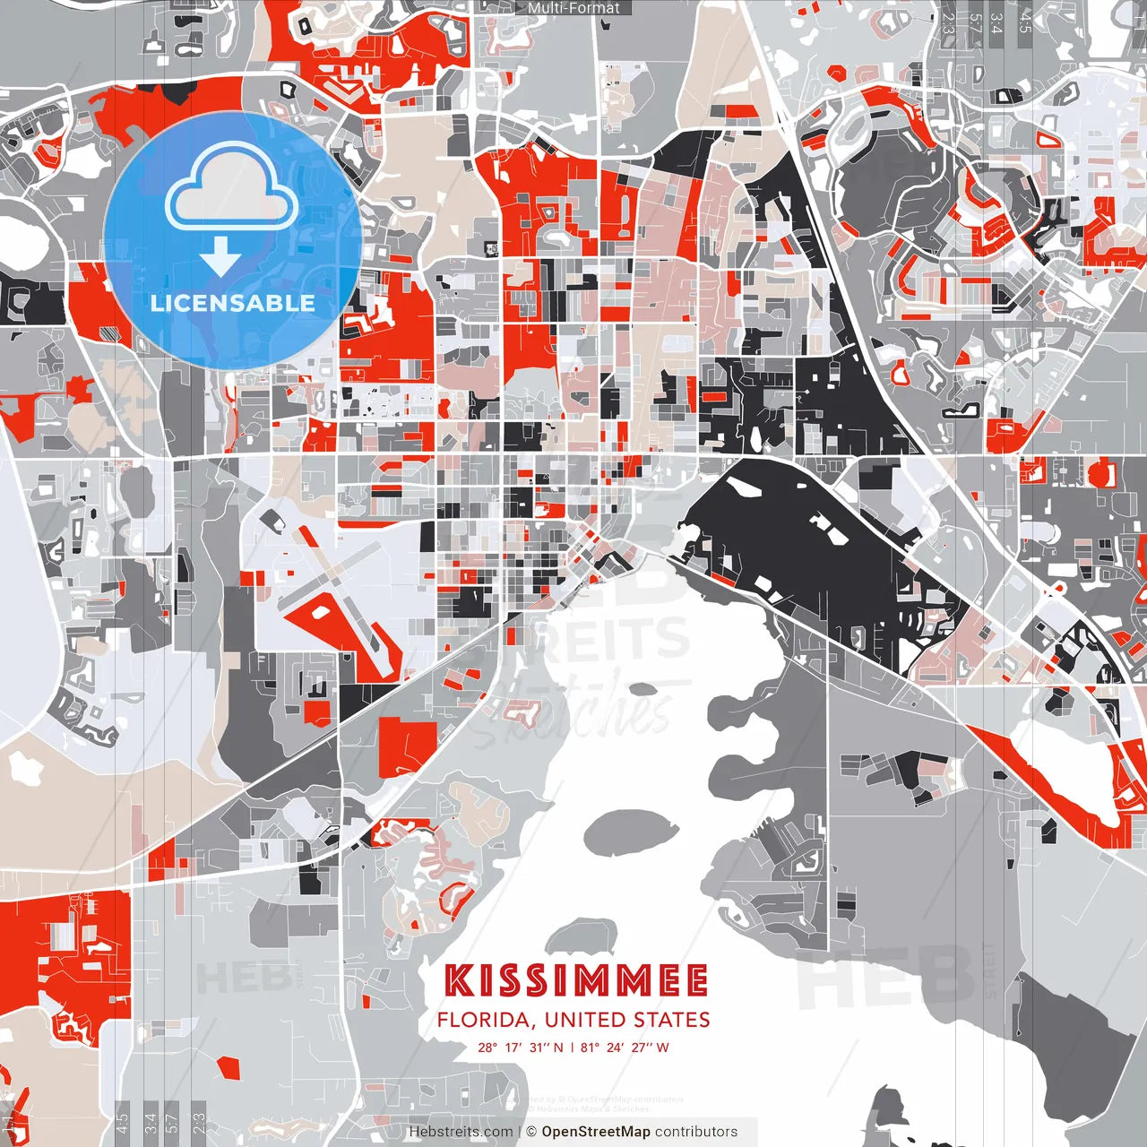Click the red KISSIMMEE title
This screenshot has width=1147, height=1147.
coord(576,981)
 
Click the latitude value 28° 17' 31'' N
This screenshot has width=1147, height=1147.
coord(521,1047)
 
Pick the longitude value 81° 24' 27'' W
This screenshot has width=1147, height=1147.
coord(625,1047)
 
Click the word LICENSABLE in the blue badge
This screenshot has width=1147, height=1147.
coord(233,303)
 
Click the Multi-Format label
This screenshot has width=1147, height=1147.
coord(573,8)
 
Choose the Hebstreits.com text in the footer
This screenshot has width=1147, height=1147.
coord(461,1132)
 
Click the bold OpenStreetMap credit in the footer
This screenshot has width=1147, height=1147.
coord(596,1132)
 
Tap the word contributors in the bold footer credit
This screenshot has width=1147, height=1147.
coord(696,1132)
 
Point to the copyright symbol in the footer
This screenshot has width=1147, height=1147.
coord(530,1132)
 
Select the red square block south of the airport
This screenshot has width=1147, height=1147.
coord(408,747)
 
